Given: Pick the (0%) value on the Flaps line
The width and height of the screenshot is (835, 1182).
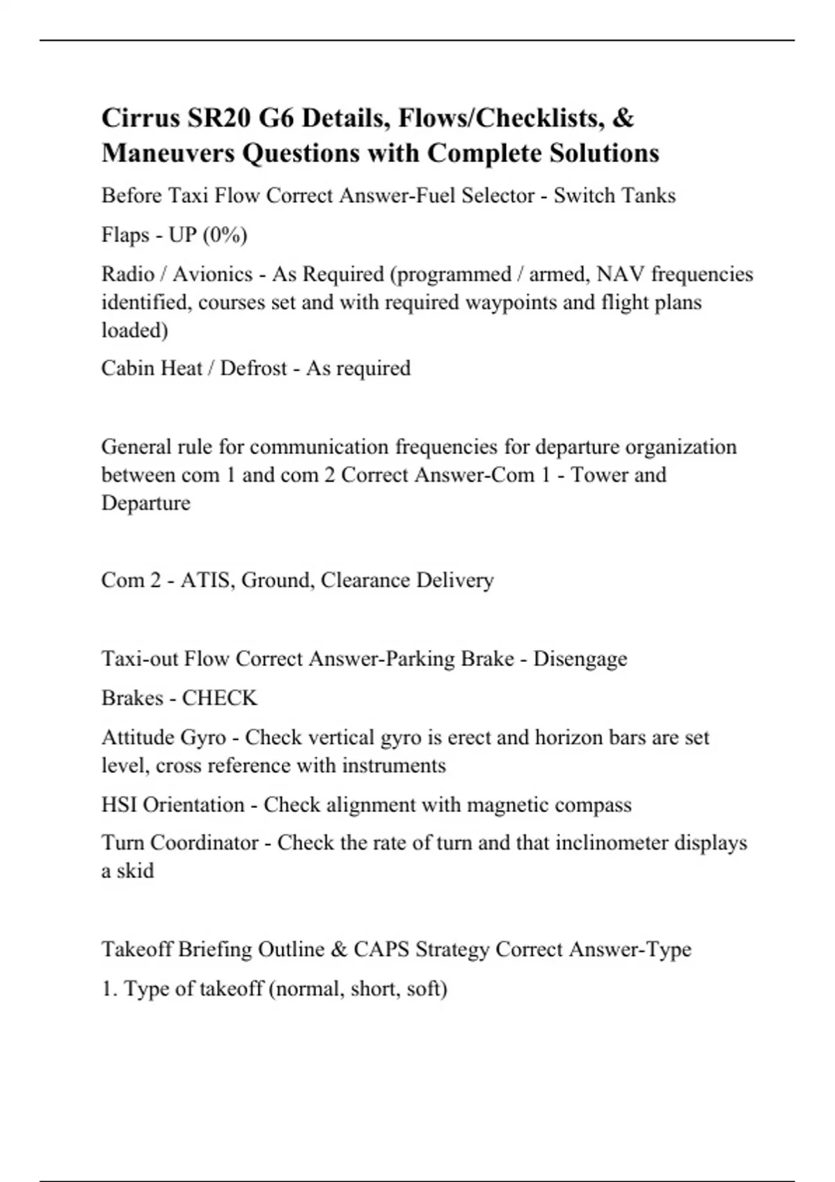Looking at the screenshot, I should tap(225, 235).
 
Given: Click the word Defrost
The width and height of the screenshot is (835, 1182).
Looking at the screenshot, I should tap(253, 368).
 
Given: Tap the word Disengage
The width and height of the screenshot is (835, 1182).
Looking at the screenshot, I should tap(580, 658).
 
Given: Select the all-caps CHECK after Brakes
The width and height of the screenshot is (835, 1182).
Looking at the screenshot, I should tap(219, 698).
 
